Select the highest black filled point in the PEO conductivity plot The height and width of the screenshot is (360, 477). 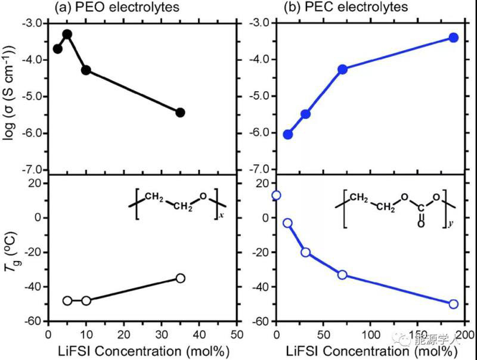pos(67,34)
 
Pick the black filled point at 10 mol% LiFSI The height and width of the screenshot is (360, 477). pos(86,70)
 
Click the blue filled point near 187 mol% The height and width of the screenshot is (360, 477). pos(453,38)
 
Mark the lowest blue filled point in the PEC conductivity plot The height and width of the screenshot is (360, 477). pos(287,134)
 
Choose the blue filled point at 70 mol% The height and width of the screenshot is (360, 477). pos(342,69)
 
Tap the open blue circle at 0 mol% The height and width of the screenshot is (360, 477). pos(276,195)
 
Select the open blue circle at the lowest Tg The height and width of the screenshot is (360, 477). pos(453,304)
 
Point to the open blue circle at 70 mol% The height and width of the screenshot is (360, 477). pos(342,275)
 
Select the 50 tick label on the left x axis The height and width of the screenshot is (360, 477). pos(236,336)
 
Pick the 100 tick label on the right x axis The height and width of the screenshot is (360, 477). pos(370,336)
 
